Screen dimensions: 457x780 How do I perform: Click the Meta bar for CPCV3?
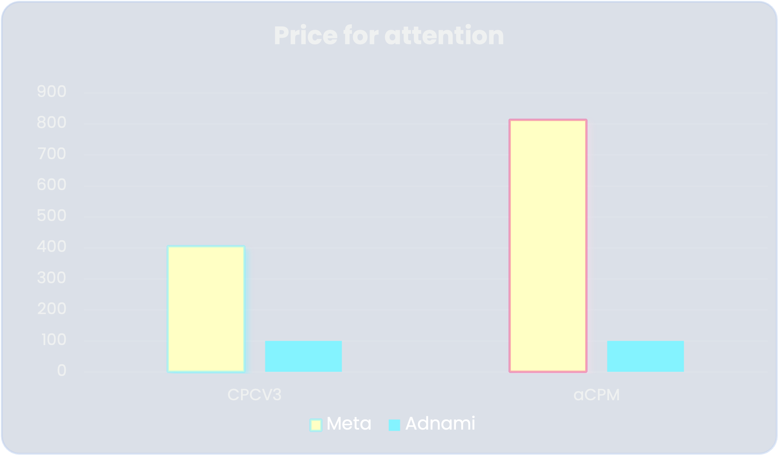point(206,309)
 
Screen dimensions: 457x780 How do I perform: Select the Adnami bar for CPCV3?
point(303,356)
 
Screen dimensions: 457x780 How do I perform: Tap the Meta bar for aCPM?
point(548,246)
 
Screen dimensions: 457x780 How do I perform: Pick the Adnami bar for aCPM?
point(645,356)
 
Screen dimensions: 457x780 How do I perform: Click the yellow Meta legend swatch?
point(316,425)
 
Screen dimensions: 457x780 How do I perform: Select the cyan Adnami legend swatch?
point(395,425)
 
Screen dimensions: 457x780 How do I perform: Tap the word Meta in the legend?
point(349,423)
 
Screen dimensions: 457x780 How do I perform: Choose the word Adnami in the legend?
point(440,423)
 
